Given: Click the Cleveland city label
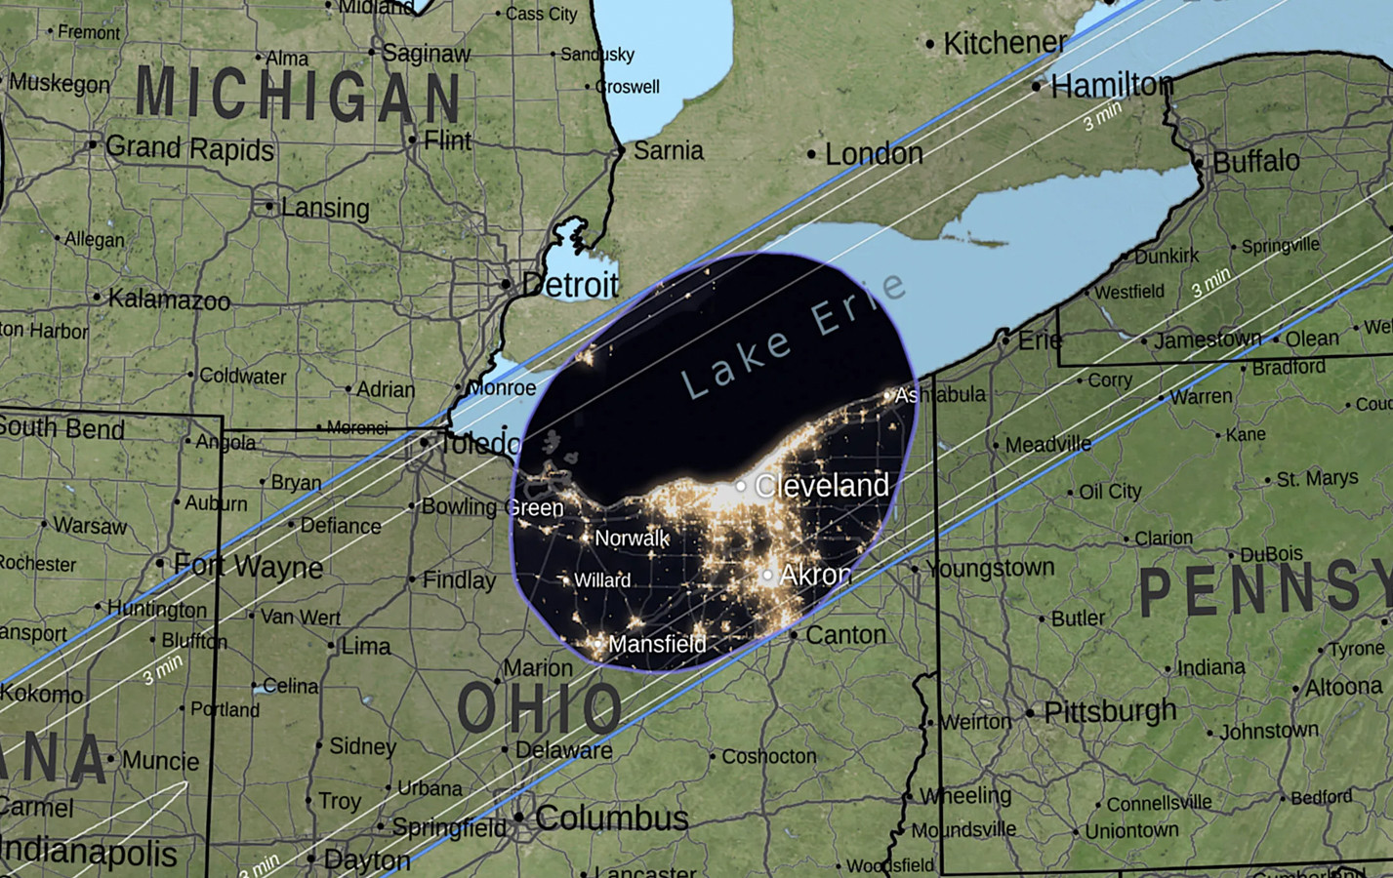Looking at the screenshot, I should coord(821,485).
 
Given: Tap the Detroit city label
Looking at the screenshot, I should coord(571,285).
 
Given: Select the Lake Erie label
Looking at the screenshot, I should coord(793,338).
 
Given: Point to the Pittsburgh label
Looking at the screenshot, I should coord(1110,711).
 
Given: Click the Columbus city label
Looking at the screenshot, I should coord(611,818).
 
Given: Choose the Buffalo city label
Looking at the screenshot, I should coord(1255,161).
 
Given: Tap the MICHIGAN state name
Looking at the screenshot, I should coord(298,96).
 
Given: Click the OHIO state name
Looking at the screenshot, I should coord(539,708).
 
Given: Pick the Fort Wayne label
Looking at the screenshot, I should coord(248,566).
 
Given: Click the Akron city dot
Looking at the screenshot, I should coord(768,576).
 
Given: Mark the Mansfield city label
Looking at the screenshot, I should coord(656,644).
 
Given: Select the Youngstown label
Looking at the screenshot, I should coord(990,568).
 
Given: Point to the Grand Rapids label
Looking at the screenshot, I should coord(189,148).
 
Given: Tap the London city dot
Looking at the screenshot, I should coord(811,154).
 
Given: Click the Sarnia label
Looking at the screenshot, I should coord(668,150).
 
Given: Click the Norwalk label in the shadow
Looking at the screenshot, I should coord(632,538).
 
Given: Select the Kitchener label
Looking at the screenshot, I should coord(1004,43).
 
